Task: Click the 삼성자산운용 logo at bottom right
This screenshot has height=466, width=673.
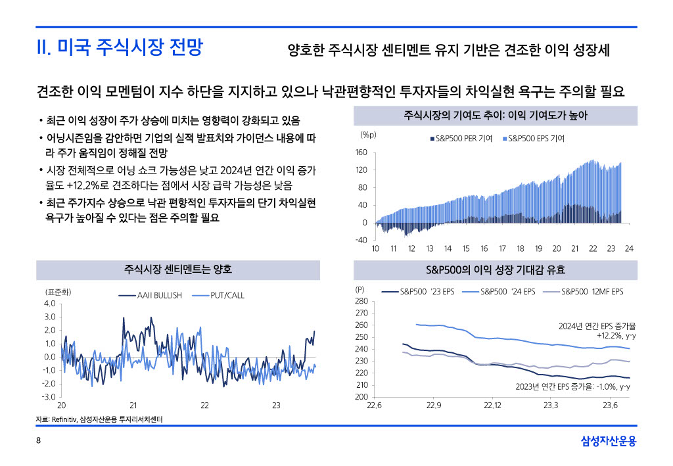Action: (x=609, y=441)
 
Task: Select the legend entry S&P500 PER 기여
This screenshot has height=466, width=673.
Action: (x=461, y=139)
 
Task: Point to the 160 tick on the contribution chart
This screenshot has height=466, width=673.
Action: (x=361, y=152)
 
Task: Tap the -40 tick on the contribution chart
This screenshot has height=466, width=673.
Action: (x=361, y=240)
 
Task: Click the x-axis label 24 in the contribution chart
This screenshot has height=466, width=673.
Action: (x=628, y=249)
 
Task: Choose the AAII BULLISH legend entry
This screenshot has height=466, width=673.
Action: (x=158, y=296)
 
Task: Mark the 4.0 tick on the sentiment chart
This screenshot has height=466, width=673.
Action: (x=49, y=304)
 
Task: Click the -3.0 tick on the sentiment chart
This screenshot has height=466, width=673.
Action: (x=49, y=397)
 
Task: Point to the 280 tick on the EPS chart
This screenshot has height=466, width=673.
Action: (x=361, y=301)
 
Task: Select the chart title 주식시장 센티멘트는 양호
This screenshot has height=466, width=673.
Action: (x=178, y=270)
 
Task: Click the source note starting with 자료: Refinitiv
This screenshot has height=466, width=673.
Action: (x=99, y=419)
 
